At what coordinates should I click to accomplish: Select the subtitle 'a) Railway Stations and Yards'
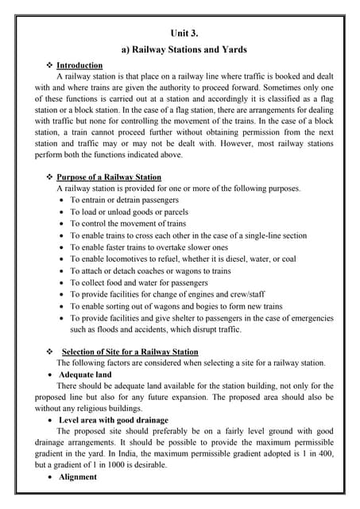click(184, 49)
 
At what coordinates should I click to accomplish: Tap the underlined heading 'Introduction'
click(79, 65)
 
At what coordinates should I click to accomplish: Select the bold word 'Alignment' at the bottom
click(78, 476)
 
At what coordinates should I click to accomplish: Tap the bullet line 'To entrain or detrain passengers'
click(124, 200)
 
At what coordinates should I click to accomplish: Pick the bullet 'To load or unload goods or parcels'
click(129, 212)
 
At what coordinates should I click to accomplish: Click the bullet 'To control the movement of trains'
click(128, 223)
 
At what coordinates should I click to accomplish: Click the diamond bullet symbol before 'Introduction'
click(50, 65)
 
